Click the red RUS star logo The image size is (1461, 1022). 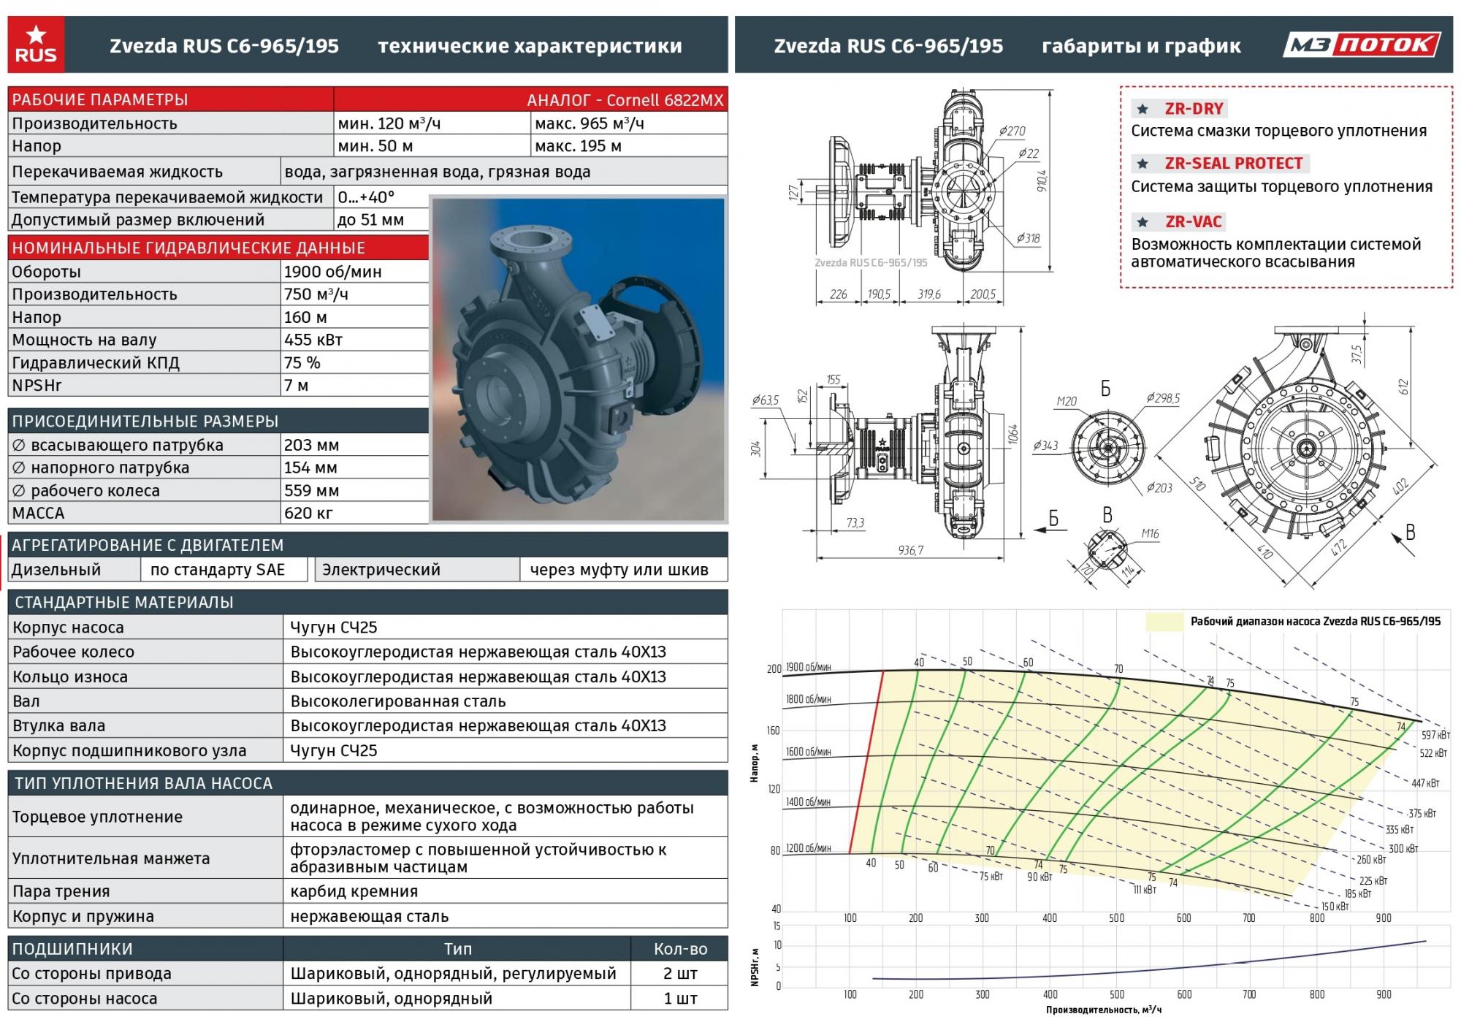36,45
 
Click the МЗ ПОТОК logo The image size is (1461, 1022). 1362,45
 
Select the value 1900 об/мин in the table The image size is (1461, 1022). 333,272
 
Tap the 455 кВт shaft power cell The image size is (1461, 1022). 313,340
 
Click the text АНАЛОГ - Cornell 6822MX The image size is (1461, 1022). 625,100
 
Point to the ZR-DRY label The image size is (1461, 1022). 1193,109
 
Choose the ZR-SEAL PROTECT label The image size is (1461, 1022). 1233,164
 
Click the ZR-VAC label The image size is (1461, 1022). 1193,221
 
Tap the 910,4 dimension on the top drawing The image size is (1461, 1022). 1042,180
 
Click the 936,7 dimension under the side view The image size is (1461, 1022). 910,550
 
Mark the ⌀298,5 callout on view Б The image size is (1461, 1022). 1163,398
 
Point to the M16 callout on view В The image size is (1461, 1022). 1150,533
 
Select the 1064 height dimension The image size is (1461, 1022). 1012,435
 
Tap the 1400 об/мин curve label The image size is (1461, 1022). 808,801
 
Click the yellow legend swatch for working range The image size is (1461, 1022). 1164,622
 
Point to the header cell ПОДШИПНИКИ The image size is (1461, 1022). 72,949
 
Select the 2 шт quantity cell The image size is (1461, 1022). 680,973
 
